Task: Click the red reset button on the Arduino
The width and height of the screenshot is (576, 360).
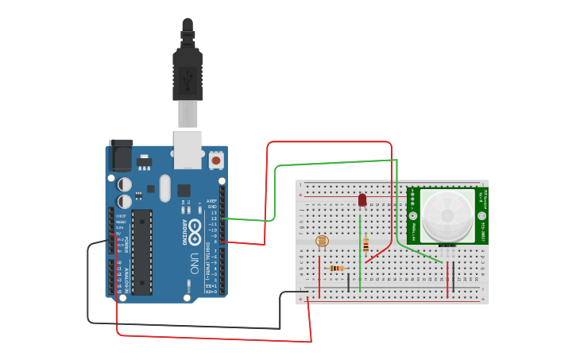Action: click(x=215, y=161)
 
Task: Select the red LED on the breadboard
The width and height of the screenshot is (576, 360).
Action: click(x=362, y=199)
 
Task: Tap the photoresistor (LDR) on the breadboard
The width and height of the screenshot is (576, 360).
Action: click(x=322, y=241)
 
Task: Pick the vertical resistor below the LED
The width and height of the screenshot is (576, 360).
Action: click(x=365, y=245)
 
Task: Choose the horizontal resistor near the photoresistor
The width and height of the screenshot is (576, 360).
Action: click(x=337, y=269)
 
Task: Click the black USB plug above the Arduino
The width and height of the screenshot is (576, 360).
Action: click(x=187, y=72)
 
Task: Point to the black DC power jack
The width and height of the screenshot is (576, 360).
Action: click(x=121, y=155)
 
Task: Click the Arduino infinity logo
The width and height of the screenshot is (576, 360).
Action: click(x=195, y=231)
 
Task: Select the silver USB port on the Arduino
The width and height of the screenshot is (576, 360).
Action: click(x=188, y=149)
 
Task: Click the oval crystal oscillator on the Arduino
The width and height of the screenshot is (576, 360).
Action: click(x=164, y=188)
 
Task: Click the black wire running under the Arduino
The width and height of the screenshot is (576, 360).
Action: click(x=183, y=325)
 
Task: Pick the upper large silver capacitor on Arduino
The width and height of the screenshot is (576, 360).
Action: click(x=125, y=183)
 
